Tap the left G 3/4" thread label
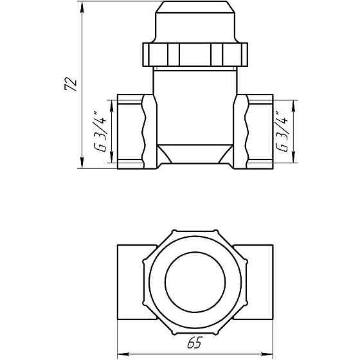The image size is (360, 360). point(100,132)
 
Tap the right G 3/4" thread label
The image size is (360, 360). point(281,132)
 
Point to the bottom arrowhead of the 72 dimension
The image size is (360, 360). point(82,165)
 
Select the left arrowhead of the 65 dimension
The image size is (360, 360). point(122,352)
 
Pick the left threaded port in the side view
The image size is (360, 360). point(132,132)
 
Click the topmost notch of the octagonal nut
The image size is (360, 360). point(173,231)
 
